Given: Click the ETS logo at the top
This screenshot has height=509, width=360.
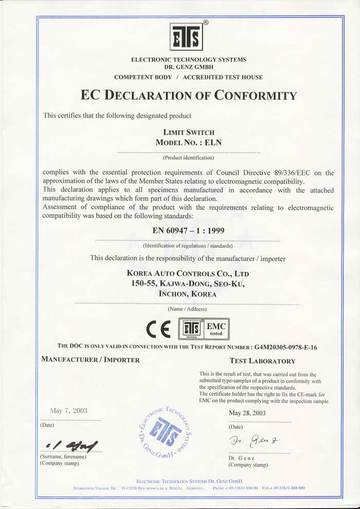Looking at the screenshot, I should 186,37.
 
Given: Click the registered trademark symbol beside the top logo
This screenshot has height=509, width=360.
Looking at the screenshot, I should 206,23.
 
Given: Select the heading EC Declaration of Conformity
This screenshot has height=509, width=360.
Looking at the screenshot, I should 189,96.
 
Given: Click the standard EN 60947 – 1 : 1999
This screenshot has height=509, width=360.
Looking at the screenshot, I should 189,231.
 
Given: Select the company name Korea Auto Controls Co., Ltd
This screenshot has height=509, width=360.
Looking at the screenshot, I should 191,273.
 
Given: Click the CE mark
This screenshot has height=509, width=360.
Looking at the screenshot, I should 159,328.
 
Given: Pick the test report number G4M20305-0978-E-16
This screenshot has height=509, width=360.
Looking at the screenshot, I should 285,347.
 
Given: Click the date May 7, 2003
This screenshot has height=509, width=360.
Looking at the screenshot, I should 68,411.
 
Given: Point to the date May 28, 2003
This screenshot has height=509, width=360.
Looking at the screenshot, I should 247,413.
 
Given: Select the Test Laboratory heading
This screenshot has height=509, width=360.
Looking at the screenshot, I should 262,361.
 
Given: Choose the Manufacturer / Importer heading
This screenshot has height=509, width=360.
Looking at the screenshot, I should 90,360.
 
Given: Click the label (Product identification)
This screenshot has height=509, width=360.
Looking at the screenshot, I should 188,158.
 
